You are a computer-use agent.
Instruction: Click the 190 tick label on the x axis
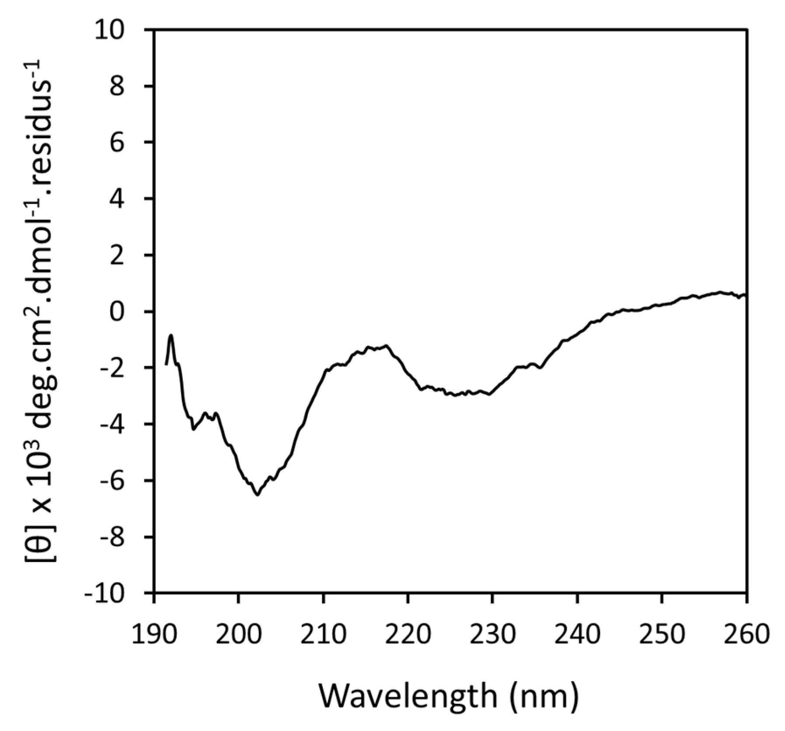154,634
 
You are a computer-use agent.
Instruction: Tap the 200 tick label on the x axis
238,634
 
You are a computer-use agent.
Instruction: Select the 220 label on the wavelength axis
407,634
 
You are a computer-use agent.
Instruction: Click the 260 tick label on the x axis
746,634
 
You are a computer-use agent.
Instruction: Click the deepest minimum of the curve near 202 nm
257,495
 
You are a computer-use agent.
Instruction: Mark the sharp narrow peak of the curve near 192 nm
171,336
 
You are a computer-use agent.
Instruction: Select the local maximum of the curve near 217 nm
386,346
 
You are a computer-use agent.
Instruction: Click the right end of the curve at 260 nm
745,295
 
